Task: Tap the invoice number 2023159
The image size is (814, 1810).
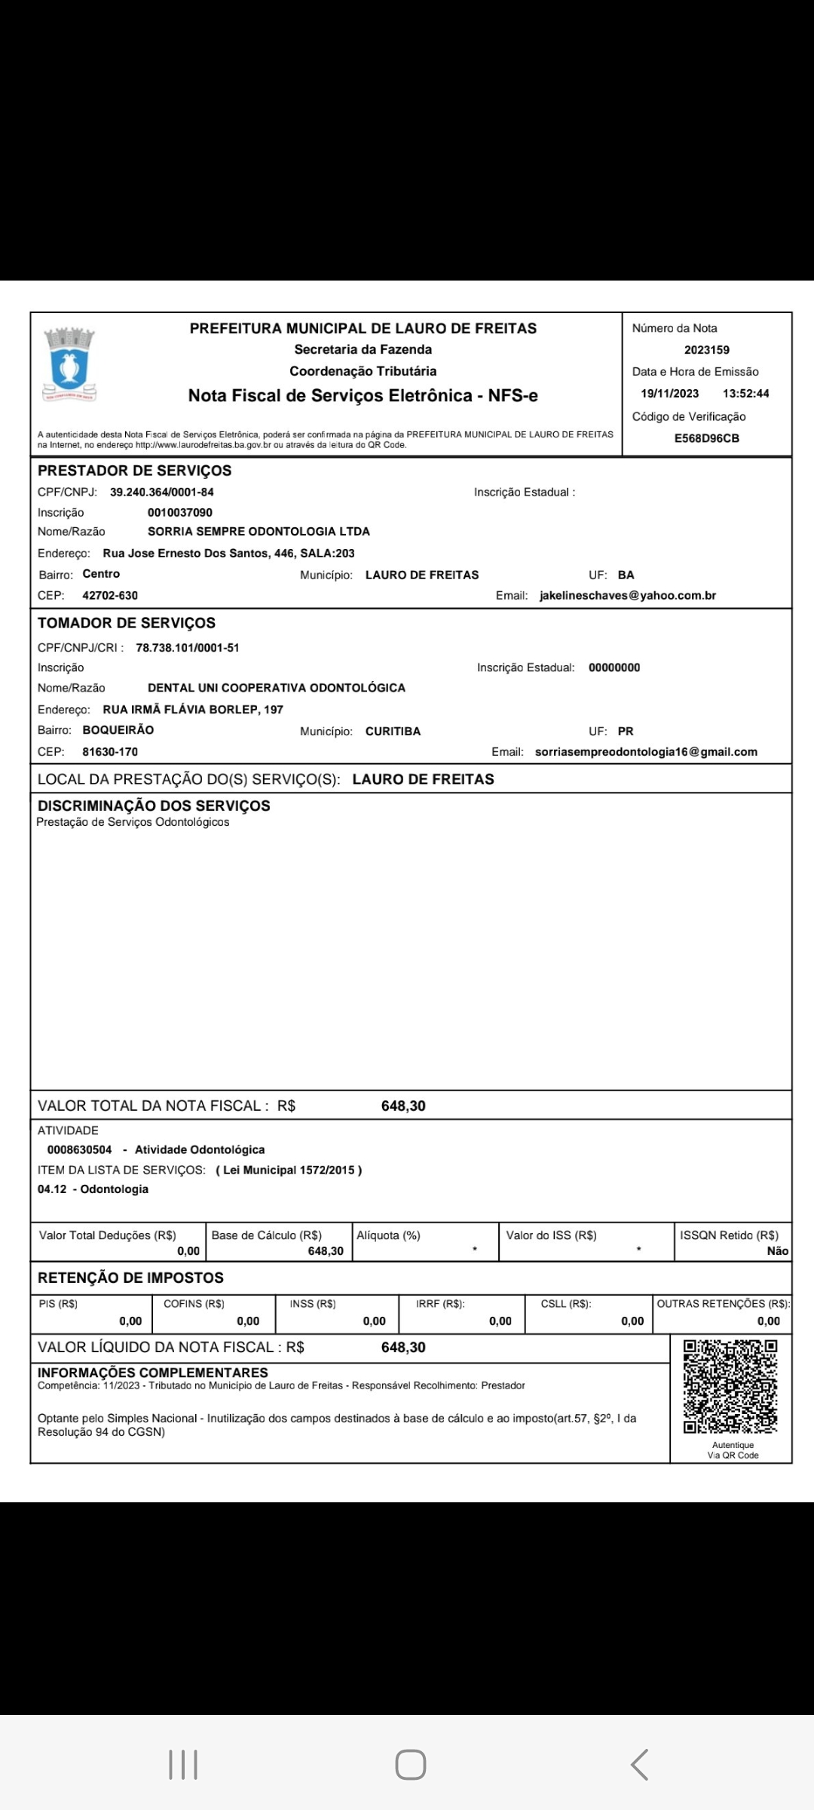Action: [706, 350]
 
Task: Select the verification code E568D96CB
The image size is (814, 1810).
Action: [706, 438]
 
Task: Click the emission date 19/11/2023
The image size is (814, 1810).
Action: [669, 394]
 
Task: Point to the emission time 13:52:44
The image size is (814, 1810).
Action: [745, 394]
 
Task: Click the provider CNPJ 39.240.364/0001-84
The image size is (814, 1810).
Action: [162, 492]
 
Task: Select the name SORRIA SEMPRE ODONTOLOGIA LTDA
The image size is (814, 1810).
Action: [259, 532]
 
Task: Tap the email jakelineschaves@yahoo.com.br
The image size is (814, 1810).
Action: [628, 596]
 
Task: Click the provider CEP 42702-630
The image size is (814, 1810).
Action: [110, 596]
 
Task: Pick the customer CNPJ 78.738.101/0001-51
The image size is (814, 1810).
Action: [188, 648]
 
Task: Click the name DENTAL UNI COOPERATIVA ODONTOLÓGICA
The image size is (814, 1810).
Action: [277, 688]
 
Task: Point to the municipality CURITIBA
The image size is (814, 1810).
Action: [393, 732]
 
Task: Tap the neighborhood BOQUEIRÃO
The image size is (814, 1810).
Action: [118, 730]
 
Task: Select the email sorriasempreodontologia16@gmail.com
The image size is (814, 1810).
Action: [646, 752]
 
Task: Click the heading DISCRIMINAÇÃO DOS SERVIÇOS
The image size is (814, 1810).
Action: [154, 805]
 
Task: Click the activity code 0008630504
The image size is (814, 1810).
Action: [79, 1150]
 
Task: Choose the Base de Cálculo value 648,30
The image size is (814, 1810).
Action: [326, 1251]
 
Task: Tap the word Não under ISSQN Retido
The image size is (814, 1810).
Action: [777, 1251]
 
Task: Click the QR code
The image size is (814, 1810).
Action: [730, 1386]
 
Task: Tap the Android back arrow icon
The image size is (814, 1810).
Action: [639, 1765]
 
